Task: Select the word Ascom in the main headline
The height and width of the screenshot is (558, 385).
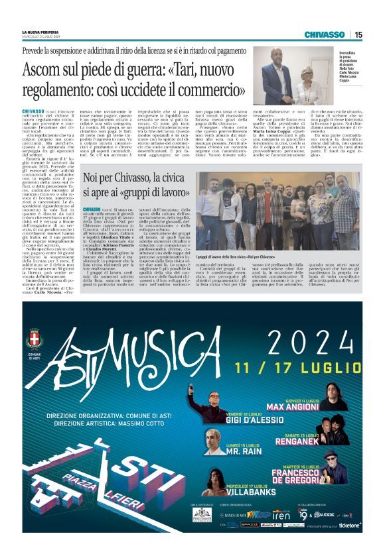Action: [43, 68]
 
